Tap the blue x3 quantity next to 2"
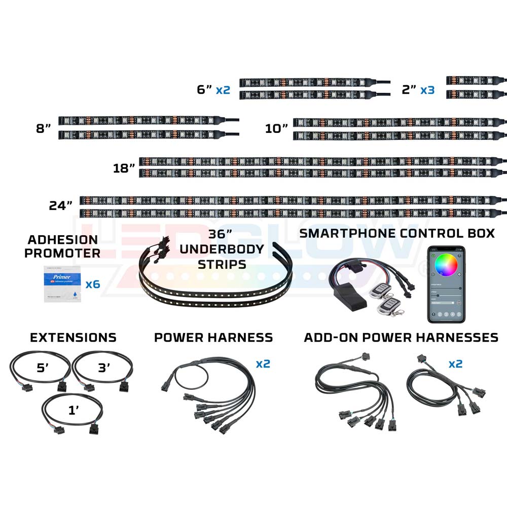coord(427,90)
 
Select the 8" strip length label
coord(44,129)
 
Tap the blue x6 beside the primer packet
coord(92,284)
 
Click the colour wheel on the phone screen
coord(446,264)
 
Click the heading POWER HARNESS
coord(213,338)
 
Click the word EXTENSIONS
coord(73,338)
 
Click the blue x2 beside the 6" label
coord(223,90)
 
